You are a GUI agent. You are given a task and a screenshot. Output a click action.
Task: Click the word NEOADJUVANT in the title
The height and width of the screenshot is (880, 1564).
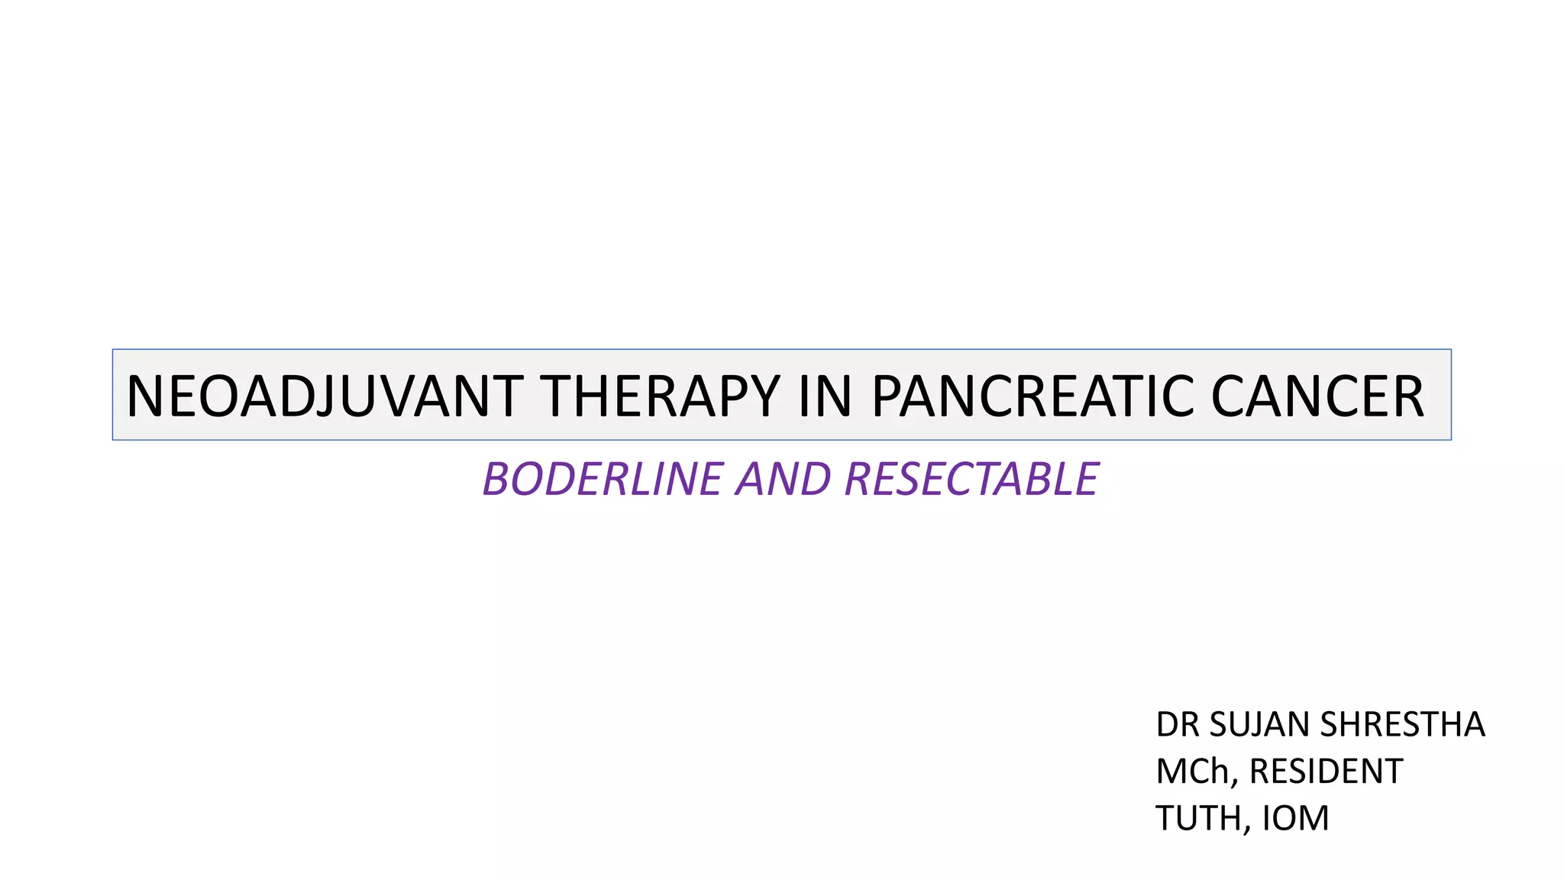325,396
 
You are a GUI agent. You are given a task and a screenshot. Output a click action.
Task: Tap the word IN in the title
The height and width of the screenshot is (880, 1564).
825,396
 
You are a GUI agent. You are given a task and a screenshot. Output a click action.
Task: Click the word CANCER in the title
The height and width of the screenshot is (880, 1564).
1317,396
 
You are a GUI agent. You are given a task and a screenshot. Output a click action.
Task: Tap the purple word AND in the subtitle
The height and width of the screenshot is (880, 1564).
783,480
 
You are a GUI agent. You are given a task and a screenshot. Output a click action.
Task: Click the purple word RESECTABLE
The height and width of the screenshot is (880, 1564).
971,480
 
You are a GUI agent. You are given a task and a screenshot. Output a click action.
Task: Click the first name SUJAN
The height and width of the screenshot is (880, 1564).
1261,724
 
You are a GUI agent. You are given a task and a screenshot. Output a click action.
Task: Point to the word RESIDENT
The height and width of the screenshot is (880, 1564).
1326,772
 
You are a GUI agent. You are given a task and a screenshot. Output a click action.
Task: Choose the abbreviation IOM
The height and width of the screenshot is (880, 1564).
1295,818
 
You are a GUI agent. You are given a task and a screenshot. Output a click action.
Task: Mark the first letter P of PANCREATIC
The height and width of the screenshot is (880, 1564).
887,396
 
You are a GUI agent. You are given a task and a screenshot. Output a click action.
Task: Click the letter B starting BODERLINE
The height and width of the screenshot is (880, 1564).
498,480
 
